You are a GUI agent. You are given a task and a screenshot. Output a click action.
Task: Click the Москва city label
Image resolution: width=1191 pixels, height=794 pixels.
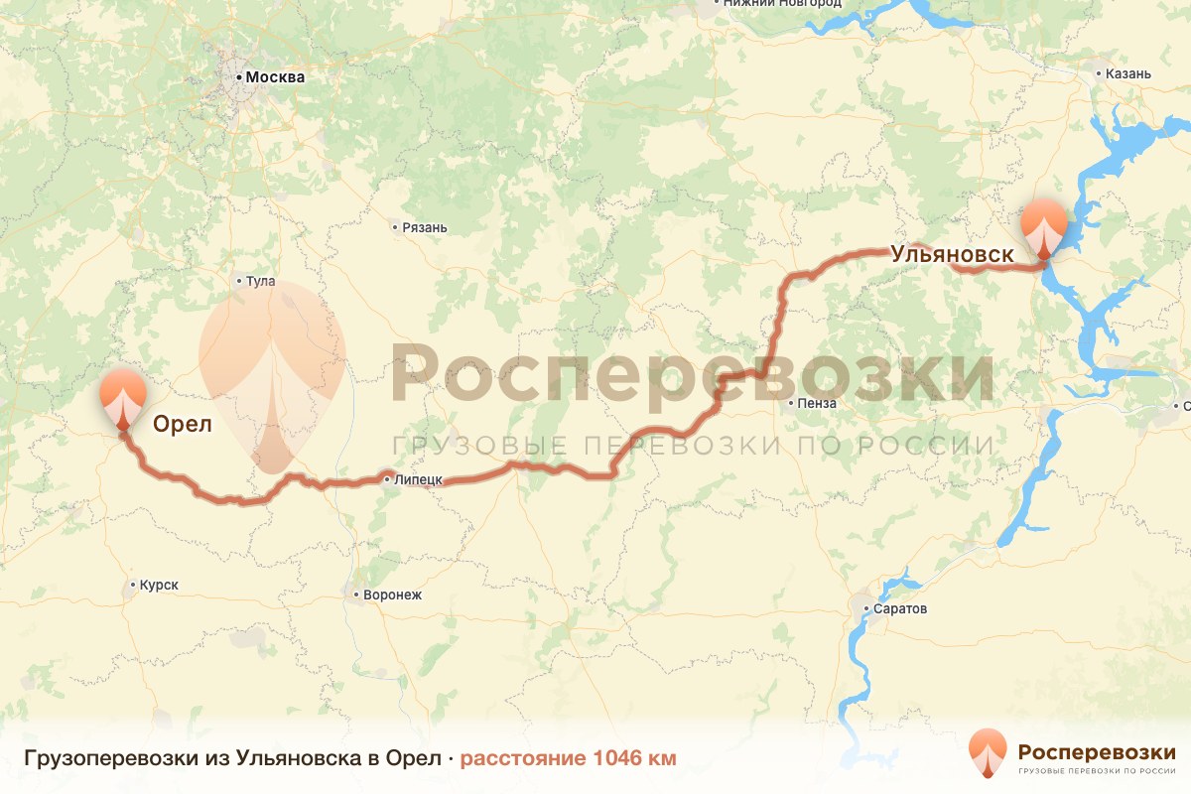[275, 77]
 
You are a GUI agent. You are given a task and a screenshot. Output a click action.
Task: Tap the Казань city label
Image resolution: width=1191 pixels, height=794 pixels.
[1129, 73]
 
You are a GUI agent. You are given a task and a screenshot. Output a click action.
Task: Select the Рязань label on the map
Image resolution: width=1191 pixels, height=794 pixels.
[425, 227]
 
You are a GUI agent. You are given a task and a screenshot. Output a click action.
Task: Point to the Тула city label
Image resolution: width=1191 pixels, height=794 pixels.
[260, 281]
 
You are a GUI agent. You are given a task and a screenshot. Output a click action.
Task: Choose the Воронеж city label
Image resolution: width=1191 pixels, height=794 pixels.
[394, 595]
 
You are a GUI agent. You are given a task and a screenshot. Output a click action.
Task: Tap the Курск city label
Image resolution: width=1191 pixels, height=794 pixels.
[159, 585]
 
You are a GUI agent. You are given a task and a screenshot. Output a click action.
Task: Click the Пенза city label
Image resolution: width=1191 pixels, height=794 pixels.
[818, 403]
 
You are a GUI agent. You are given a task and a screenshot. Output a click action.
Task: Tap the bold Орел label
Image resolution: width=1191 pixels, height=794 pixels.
[183, 425]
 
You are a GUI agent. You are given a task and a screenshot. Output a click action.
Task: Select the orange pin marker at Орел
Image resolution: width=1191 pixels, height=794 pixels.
[122, 398]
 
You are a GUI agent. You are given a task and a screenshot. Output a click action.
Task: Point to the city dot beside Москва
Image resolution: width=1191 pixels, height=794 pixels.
[239, 76]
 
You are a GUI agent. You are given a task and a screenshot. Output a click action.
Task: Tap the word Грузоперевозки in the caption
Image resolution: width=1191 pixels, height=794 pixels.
[89, 759]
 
